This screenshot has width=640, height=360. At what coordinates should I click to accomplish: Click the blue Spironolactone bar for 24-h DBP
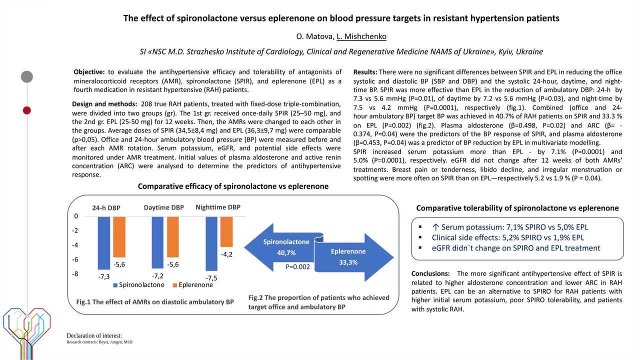click(103, 243)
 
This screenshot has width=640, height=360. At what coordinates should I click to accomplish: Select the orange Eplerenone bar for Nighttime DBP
click(226, 232)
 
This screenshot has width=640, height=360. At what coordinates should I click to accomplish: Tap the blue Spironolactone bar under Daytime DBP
click(157, 242)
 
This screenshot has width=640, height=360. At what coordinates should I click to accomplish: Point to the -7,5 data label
click(211, 278)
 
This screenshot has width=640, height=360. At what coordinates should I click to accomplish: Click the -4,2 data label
click(226, 254)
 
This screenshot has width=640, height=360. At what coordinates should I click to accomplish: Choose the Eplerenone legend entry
click(192, 285)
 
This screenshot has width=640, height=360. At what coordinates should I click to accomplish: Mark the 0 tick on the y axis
click(76, 216)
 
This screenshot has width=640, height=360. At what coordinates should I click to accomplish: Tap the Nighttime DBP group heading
click(218, 207)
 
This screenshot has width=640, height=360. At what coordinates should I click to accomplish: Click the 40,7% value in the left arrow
click(286, 253)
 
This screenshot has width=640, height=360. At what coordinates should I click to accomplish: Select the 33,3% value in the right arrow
click(348, 262)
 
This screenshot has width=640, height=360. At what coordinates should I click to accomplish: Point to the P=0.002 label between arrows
click(298, 267)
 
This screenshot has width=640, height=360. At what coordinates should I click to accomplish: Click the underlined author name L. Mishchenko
click(361, 36)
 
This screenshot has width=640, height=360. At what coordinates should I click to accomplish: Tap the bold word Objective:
click(89, 72)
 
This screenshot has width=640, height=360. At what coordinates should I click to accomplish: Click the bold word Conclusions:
click(430, 274)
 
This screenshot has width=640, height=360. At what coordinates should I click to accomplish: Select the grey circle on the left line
click(27, 76)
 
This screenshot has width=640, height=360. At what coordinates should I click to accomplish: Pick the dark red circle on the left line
click(27, 110)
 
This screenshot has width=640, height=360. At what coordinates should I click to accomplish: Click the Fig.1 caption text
click(155, 302)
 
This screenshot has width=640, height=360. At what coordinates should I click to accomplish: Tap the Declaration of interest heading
click(94, 335)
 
